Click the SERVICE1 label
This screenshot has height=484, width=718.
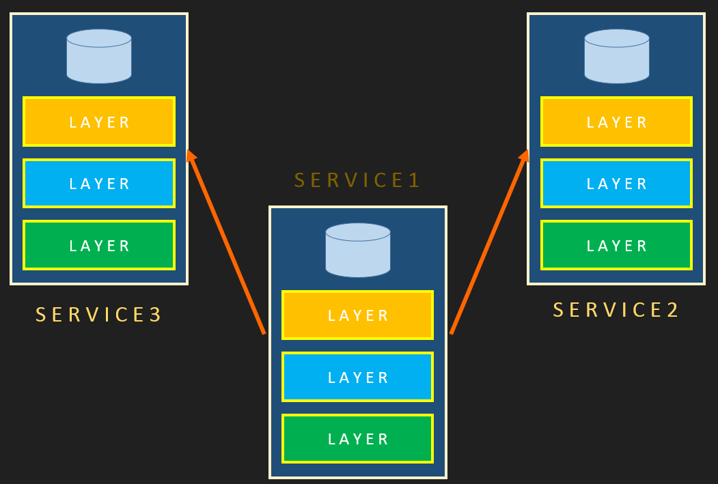click(x=357, y=180)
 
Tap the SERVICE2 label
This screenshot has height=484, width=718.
click(x=616, y=310)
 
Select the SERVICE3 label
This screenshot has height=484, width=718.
click(x=98, y=315)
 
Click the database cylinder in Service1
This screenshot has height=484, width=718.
click(x=358, y=250)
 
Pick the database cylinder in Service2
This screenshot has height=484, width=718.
click(x=617, y=56)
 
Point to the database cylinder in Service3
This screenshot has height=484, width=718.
click(x=99, y=56)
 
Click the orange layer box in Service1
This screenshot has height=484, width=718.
click(x=358, y=315)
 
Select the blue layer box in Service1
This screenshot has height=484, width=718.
click(x=358, y=377)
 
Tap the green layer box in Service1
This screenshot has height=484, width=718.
click(x=358, y=438)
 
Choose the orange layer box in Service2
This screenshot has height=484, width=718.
click(x=616, y=122)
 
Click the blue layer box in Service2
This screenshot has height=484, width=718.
click(x=616, y=183)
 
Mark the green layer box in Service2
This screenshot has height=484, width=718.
click(x=616, y=245)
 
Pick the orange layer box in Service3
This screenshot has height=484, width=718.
click(x=99, y=122)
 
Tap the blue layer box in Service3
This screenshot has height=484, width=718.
click(x=99, y=183)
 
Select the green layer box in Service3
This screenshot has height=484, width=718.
click(x=99, y=245)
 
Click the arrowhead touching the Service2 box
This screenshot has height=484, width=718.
click(x=524, y=157)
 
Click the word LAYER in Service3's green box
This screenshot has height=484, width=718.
click(x=99, y=246)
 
